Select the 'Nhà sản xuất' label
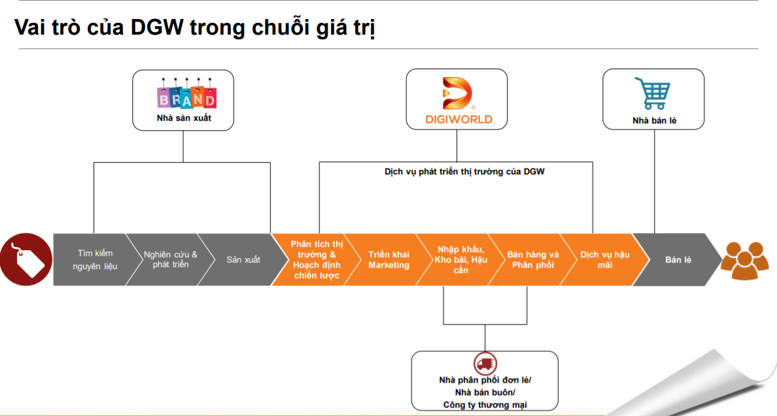(x=184, y=118)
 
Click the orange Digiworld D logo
(x=457, y=93)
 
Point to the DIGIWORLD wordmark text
(x=457, y=120)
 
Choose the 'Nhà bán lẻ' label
(x=654, y=121)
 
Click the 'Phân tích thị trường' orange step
(x=316, y=260)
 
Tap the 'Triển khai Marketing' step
(x=389, y=260)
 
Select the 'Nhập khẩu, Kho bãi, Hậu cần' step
(x=460, y=260)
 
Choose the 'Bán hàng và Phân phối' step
(x=532, y=260)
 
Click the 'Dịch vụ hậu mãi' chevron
(x=604, y=260)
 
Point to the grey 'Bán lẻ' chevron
(x=678, y=260)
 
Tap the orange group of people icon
(x=745, y=260)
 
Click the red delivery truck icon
(x=485, y=364)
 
